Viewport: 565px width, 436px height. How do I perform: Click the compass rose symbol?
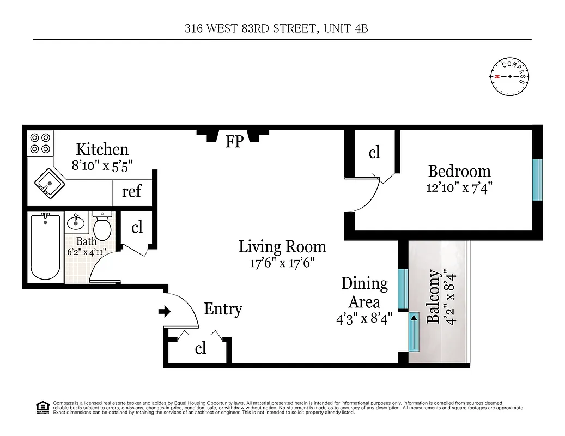510,76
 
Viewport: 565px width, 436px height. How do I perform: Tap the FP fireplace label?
234,142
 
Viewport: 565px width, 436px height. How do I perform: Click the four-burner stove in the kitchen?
40,143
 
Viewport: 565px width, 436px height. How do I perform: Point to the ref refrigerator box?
131,192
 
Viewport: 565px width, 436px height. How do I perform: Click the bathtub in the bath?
45,247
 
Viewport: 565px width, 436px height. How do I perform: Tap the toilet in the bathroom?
102,224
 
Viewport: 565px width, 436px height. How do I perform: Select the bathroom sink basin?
75,223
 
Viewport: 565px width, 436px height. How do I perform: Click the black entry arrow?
164,312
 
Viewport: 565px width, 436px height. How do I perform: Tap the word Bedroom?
459,171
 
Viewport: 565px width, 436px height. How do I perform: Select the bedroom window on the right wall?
537,180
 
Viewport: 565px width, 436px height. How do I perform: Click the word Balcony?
433,297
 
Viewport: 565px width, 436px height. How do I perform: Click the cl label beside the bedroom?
374,153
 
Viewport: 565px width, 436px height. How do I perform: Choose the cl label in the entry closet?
201,348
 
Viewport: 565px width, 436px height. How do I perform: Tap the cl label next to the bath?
137,227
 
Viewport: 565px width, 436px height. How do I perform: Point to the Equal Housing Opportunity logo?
42,407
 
